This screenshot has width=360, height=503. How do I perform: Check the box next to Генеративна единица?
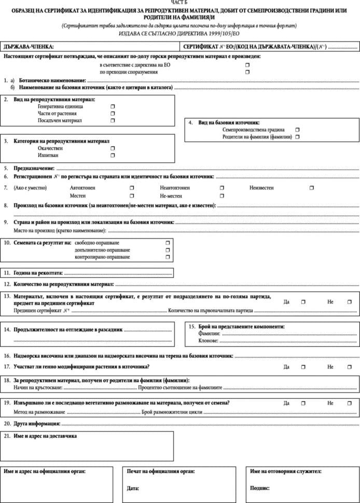(113, 106)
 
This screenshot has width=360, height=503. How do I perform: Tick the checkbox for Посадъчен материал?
(113, 120)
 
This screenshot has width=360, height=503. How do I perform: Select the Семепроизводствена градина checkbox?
(297, 130)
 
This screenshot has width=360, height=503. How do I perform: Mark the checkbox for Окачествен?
(113, 148)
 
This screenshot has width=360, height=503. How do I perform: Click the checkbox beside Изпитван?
(113, 155)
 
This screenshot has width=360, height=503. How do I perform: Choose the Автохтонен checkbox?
(132, 188)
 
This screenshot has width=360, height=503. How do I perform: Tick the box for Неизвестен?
(312, 188)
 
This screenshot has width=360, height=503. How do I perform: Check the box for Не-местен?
(222, 196)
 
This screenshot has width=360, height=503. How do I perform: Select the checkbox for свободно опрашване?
(168, 243)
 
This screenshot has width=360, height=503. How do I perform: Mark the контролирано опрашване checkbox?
(168, 257)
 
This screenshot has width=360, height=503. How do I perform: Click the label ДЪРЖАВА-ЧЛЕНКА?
(29, 47)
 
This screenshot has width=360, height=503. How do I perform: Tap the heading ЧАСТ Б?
(179, 3)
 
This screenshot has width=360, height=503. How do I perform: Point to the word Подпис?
(259, 488)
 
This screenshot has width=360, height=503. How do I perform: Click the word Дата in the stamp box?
(133, 488)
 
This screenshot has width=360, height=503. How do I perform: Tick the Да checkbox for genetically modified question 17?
(303, 367)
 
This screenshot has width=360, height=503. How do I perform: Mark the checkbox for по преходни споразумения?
(247, 72)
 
